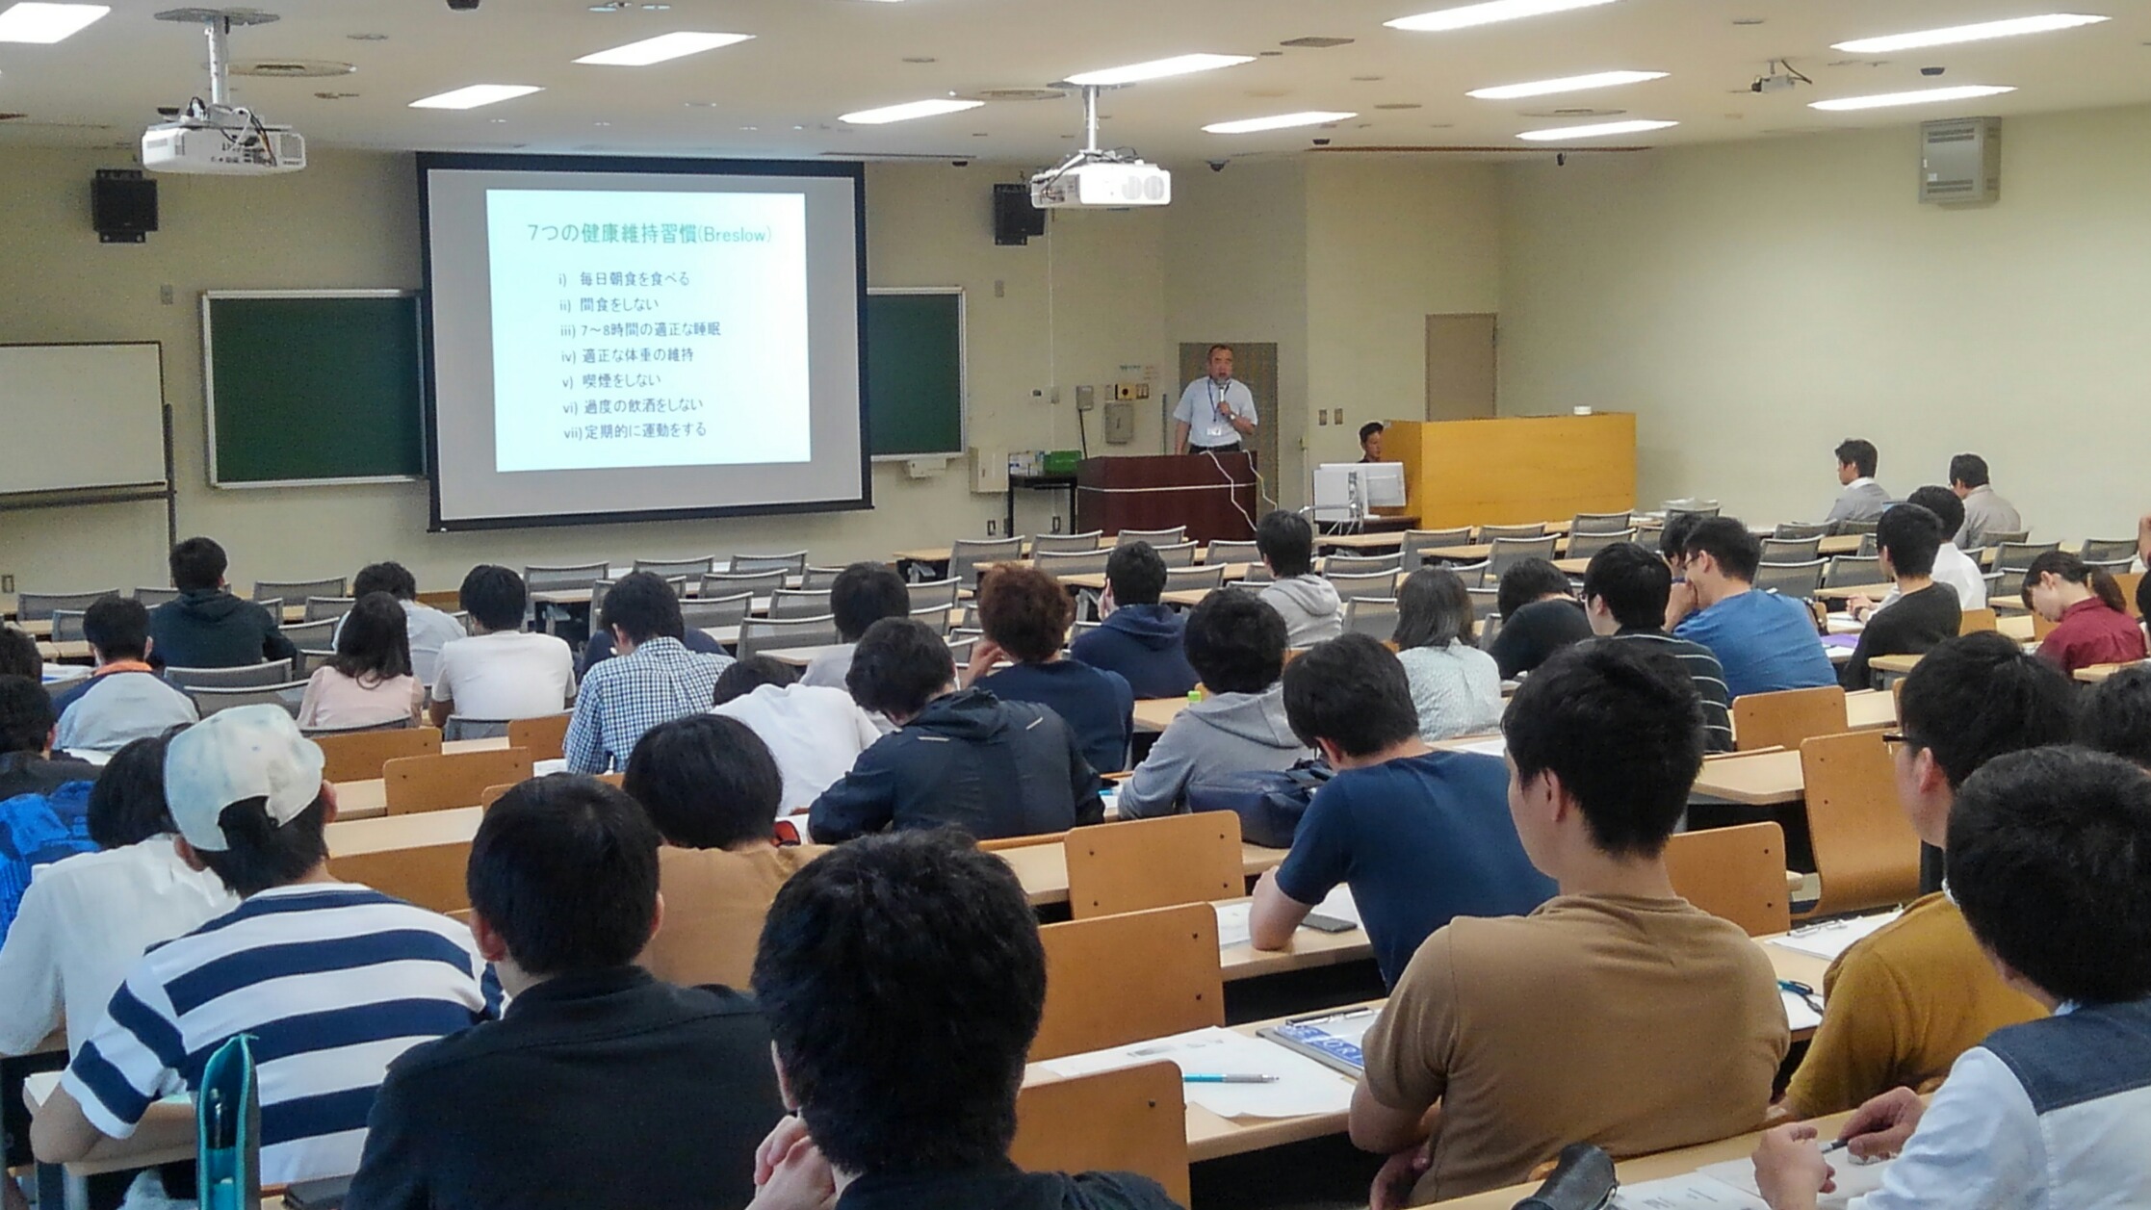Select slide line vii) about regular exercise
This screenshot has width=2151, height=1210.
(x=635, y=430)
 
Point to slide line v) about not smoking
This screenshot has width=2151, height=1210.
(x=611, y=380)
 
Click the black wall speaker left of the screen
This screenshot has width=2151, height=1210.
(x=124, y=205)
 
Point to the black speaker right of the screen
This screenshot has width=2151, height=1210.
(x=1018, y=214)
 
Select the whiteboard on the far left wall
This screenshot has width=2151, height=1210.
(x=81, y=418)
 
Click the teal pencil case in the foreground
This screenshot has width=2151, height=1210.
(x=227, y=1123)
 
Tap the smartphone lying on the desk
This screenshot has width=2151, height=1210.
(x=1328, y=922)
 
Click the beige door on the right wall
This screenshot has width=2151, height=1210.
(x=1461, y=367)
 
